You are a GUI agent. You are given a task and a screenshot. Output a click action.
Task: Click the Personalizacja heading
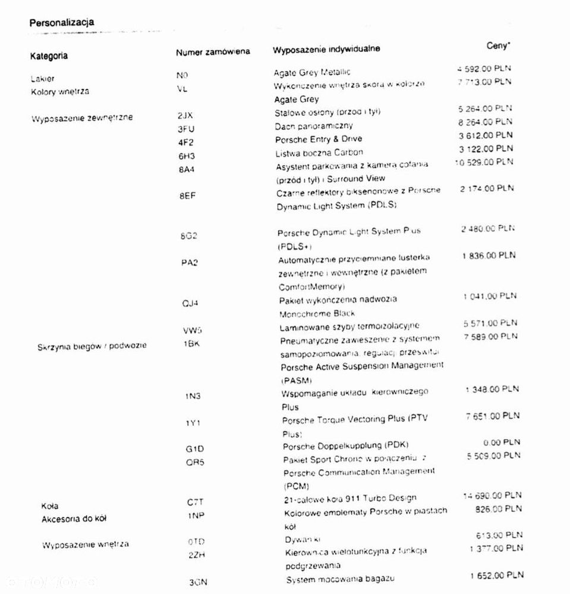click(x=61, y=23)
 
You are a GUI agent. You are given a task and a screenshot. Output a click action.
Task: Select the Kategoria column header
click(x=49, y=56)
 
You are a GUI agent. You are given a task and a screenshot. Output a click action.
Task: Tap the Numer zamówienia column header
click(x=213, y=52)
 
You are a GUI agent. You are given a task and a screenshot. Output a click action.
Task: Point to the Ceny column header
click(x=499, y=45)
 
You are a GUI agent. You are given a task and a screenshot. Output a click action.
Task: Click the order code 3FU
click(x=185, y=128)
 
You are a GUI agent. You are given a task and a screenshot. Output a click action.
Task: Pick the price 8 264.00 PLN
click(x=485, y=122)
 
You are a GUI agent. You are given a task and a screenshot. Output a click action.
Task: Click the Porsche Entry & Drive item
click(x=318, y=139)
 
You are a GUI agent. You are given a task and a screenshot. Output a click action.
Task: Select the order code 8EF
click(x=187, y=196)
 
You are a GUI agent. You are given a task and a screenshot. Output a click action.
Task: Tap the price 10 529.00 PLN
click(x=484, y=162)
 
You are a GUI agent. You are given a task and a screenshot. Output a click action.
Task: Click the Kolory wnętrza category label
click(x=60, y=92)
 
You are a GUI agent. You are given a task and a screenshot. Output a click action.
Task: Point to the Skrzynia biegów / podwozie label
click(x=92, y=346)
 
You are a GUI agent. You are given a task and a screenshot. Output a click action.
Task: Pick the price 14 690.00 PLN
click(x=492, y=495)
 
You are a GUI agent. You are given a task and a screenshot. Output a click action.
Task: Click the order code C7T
click(x=195, y=503)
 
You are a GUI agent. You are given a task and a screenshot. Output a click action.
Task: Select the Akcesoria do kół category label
click(x=74, y=519)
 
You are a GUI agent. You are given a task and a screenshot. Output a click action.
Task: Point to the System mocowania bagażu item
click(x=341, y=579)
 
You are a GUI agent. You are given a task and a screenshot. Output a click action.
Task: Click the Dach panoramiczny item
click(x=313, y=126)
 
